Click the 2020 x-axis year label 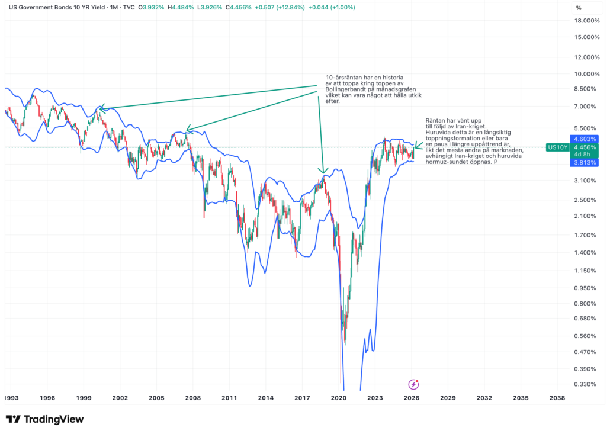339,398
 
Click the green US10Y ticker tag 558,147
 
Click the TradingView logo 45,419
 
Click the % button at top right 579,8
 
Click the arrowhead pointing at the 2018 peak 322,171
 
